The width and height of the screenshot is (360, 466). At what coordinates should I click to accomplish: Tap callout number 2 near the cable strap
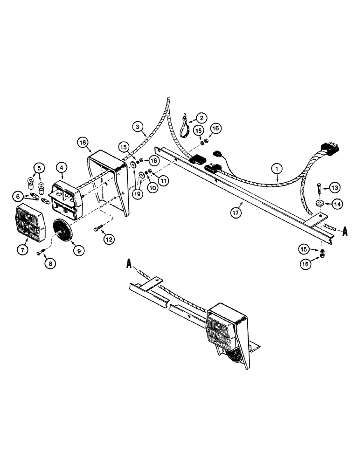pyautogui.click(x=201, y=118)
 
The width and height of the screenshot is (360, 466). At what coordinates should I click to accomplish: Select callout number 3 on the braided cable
pyautogui.click(x=137, y=126)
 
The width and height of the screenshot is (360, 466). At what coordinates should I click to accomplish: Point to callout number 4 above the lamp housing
pyautogui.click(x=61, y=167)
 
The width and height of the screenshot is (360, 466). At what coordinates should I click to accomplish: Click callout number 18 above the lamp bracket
pyautogui.click(x=83, y=143)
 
